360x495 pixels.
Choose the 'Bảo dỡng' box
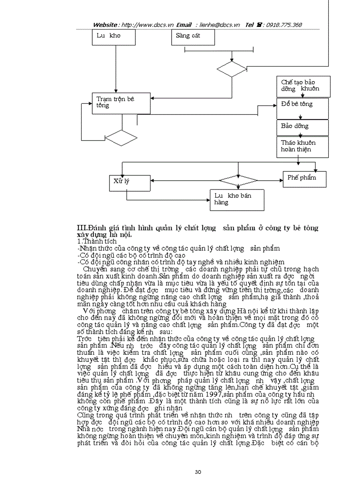point(303,127)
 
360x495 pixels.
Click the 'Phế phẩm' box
point(305,178)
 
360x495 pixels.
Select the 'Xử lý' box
point(127,182)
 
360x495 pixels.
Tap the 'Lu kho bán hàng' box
point(236,200)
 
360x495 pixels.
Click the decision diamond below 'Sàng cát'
point(231,69)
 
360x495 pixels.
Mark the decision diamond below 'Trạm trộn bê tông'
point(121,138)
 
